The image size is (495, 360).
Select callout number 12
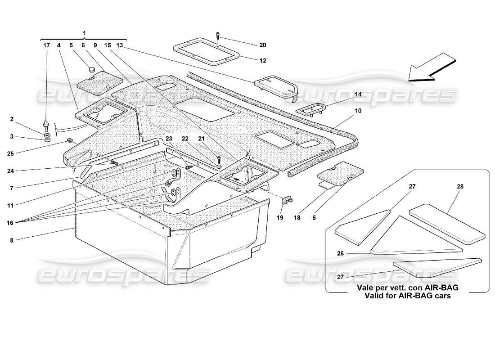tap(263, 61)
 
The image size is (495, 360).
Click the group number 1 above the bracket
tap(84, 33)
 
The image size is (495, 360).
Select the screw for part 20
tap(217, 35)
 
